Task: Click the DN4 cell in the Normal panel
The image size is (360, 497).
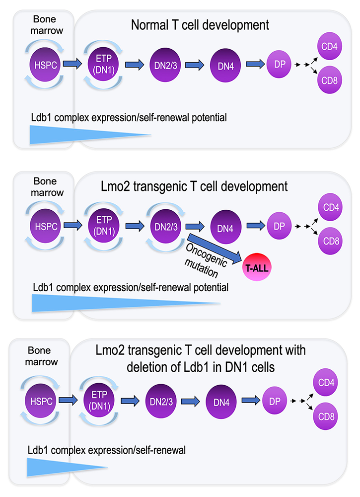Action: coord(226,64)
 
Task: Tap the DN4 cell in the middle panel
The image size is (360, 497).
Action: coord(226,227)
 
